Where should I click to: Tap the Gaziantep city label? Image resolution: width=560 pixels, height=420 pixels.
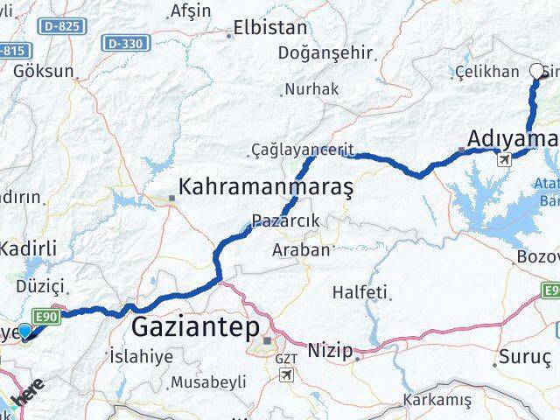195,329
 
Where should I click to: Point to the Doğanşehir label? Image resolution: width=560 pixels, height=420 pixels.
325,52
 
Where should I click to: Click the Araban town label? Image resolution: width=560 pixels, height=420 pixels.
304,249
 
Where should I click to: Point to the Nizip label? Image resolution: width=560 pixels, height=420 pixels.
331,352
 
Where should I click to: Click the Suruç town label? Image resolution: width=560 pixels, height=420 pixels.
524,357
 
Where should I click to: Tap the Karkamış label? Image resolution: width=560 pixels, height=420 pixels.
437,401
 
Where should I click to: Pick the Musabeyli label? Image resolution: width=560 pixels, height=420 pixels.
209,382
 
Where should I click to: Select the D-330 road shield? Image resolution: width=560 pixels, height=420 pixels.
124,42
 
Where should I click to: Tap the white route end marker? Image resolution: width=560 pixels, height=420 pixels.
537,72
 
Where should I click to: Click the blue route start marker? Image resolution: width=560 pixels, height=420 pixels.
25,331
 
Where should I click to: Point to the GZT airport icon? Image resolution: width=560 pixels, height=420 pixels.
286,374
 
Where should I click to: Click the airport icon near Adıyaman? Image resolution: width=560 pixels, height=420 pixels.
504,159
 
